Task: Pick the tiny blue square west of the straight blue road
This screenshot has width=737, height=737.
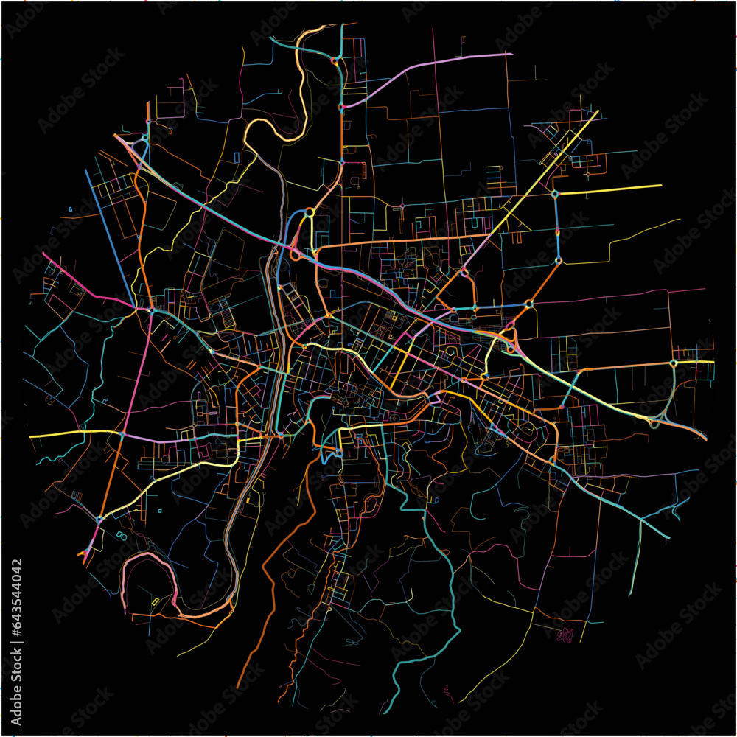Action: tap(71, 209)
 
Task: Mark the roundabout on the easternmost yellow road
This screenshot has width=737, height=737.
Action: tap(673, 363)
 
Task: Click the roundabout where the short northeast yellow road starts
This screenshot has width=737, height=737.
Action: tap(555, 195)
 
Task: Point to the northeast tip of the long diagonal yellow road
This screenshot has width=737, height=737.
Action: tap(597, 112)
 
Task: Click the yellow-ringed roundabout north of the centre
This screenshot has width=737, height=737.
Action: tap(310, 212)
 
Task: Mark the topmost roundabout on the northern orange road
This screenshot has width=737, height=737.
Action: tap(335, 60)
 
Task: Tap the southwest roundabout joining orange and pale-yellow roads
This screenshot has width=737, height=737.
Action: tap(99, 520)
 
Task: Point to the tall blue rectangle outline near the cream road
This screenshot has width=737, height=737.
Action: tap(237, 157)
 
